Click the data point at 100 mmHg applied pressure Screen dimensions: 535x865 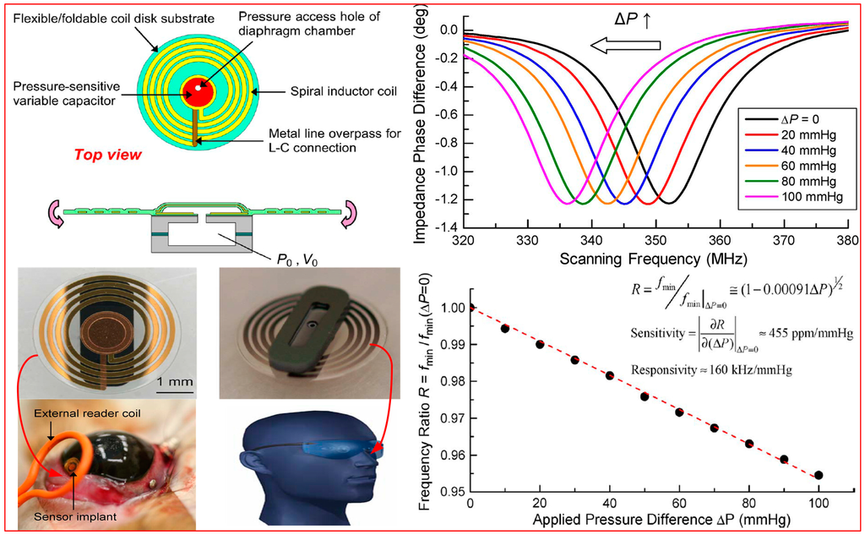click(818, 475)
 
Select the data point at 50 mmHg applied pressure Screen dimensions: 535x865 click(644, 396)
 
